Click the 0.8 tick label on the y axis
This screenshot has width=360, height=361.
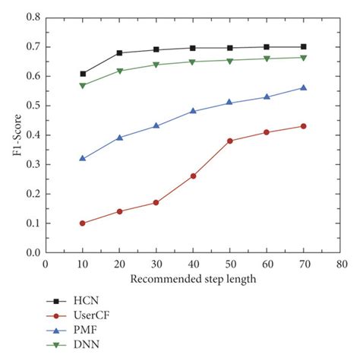(32, 17)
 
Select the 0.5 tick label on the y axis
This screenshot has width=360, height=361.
(32, 106)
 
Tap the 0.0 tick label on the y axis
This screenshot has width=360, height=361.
(32, 252)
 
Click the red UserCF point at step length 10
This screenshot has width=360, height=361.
(82, 223)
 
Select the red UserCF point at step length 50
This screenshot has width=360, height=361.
(229, 141)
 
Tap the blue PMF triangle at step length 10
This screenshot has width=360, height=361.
(82, 158)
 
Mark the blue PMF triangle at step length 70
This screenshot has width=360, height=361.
(303, 87)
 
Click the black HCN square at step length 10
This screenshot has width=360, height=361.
(82, 74)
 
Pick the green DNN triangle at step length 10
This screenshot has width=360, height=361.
(82, 86)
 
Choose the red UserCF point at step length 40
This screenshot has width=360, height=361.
(193, 176)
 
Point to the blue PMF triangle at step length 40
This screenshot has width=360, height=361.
(193, 111)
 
